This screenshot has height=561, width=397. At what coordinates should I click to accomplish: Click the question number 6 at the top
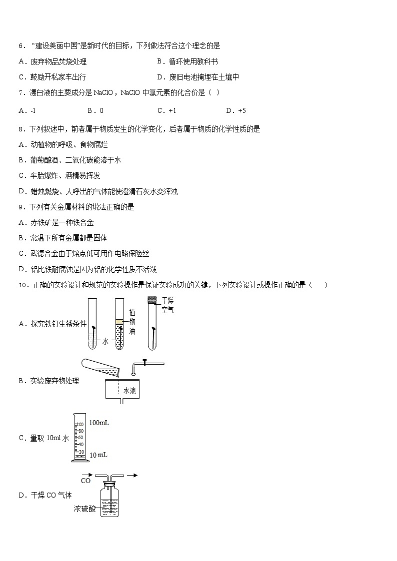[20, 46]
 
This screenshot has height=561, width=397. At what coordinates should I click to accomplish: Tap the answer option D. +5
[236, 111]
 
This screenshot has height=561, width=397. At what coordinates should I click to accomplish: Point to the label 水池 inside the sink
[129, 391]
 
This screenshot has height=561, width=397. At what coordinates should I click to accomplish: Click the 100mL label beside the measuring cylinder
[99, 423]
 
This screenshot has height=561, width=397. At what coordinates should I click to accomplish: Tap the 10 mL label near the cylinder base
[98, 455]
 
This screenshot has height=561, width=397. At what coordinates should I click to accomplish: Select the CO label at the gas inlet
[85, 481]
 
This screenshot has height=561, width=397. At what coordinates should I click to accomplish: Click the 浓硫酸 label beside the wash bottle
[84, 509]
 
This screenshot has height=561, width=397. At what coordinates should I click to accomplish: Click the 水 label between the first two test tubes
[105, 341]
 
